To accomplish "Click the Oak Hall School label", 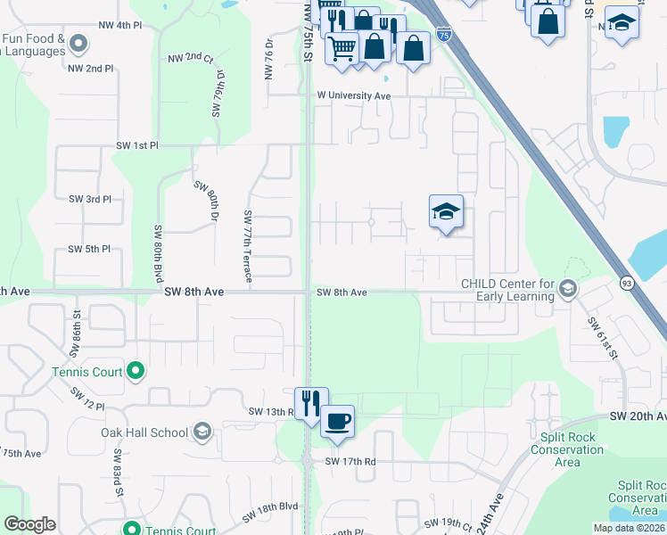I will [x=144, y=432].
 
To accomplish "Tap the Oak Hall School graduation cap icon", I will [x=202, y=432].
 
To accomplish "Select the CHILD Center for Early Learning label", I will [x=507, y=291].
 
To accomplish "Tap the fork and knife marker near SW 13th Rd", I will [x=311, y=403].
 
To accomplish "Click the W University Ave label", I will [x=354, y=95].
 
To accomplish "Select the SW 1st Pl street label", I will [x=136, y=144].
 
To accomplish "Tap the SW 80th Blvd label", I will [x=157, y=253].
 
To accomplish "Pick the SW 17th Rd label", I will [x=350, y=461].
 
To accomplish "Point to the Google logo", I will [x=29, y=524].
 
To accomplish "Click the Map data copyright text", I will [x=630, y=528].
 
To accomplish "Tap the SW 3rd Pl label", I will [x=89, y=199].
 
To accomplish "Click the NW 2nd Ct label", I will [x=190, y=58].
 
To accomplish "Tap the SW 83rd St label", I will [x=118, y=474].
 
